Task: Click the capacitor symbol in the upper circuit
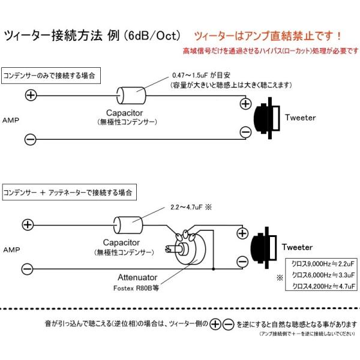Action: click(131, 95)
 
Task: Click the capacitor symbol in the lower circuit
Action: click(128, 225)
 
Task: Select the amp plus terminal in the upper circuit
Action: click(31, 95)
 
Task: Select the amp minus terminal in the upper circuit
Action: click(31, 139)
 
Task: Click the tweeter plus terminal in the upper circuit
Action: click(245, 104)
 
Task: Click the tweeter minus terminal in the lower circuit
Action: click(242, 262)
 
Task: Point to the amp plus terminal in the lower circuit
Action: click(28, 224)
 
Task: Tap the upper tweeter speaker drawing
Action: click(267, 118)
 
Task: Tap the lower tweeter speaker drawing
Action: click(263, 247)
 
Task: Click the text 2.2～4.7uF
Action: click(187, 208)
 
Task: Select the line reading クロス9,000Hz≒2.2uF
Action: click(323, 264)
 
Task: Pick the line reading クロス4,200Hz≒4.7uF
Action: click(323, 286)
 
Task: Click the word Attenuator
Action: click(137, 277)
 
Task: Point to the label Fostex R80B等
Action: click(136, 288)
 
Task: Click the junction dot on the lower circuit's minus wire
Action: click(213, 269)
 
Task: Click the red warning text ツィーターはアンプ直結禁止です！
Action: click(268, 36)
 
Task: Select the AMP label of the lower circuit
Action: click(11, 250)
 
